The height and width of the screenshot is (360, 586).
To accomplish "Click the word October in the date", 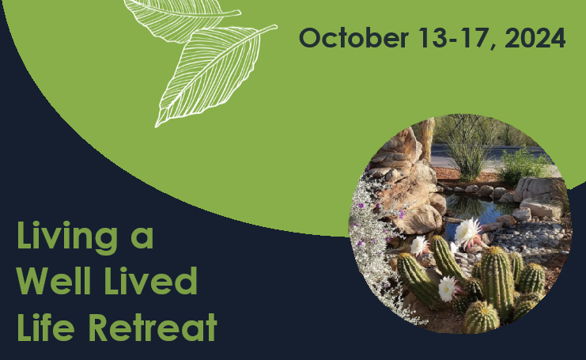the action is coord(353,38).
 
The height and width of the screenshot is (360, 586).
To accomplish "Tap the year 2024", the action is coord(535,38).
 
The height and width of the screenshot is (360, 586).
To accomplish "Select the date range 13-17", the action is coord(452,38).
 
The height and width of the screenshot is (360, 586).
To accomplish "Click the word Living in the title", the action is coord(67,237).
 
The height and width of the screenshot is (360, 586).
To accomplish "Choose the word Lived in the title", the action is coord(150,280).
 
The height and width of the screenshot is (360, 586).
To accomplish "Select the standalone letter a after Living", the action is coord(142,239).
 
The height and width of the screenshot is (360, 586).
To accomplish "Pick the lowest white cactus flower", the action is coord(448,288).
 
